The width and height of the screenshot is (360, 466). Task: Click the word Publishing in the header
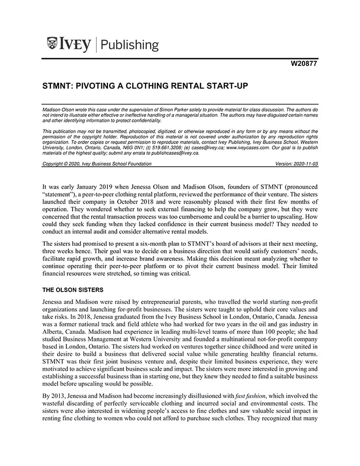[x=130, y=45]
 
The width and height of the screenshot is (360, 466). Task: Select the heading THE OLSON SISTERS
[x=73, y=290]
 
